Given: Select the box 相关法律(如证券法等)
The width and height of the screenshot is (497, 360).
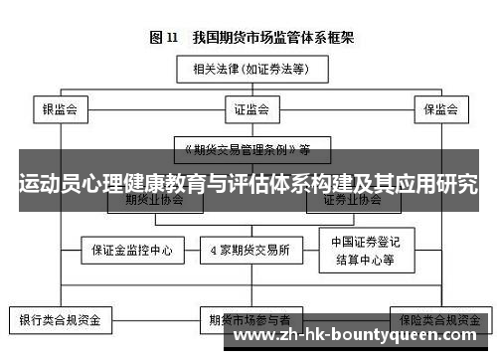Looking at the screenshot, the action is pos(249,70).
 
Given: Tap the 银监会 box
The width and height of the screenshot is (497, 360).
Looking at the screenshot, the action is pos(60,108).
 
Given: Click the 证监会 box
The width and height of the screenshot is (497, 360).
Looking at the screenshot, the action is pos(249,108).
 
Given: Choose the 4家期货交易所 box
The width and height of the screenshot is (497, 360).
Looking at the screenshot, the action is pos(250,251).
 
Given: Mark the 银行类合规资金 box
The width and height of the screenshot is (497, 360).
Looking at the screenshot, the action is pos(60,321).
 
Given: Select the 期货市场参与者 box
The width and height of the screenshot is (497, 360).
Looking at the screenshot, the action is pos(249,321).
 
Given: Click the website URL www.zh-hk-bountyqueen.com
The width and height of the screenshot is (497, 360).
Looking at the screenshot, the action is pos(360,337).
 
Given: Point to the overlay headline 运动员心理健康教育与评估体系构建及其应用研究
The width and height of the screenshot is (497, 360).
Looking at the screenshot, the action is pos(248,185).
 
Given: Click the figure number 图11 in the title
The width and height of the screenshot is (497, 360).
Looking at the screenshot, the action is pos(164,38).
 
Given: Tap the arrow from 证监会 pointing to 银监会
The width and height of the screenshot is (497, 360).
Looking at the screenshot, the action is pos(149,108).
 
